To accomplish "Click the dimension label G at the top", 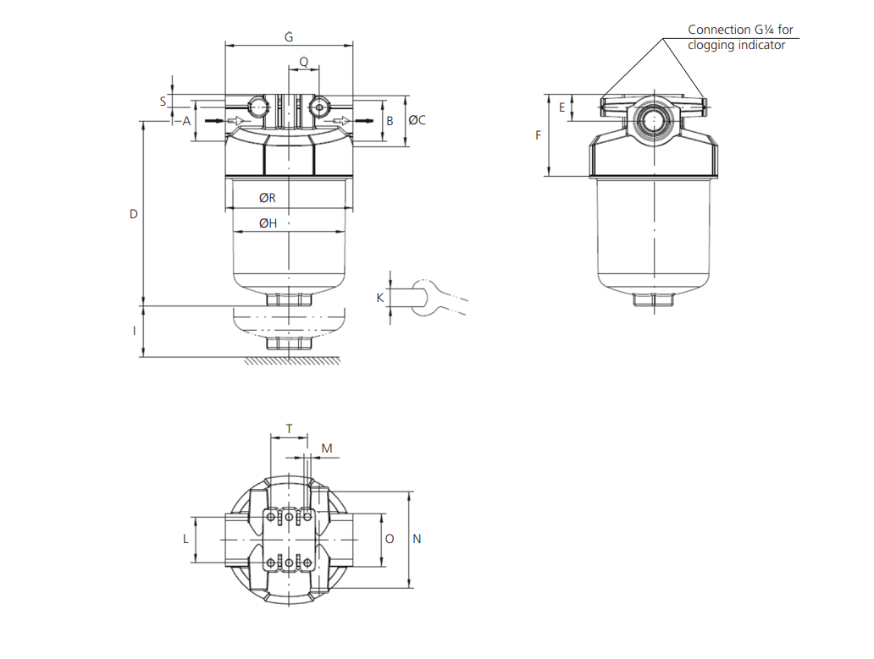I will [x=289, y=36].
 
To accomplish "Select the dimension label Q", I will [x=303, y=62].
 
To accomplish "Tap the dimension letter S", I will [x=163, y=101].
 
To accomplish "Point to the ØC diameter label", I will [x=417, y=121].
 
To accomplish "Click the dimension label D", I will [x=133, y=215].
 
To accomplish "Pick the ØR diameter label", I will [x=268, y=198].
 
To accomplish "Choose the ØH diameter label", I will [x=268, y=223].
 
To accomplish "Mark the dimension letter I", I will [x=134, y=332].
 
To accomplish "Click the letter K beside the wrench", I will [x=380, y=298].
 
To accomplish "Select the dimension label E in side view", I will [x=561, y=107].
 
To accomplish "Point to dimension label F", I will [x=538, y=135].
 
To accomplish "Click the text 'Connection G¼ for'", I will [x=740, y=30].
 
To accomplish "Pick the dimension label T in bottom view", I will [x=289, y=429].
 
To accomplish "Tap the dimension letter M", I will [x=327, y=448].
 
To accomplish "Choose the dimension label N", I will [x=416, y=539].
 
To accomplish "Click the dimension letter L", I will [x=186, y=539].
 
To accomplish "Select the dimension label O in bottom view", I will [x=390, y=539].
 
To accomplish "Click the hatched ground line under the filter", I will [x=292, y=361].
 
